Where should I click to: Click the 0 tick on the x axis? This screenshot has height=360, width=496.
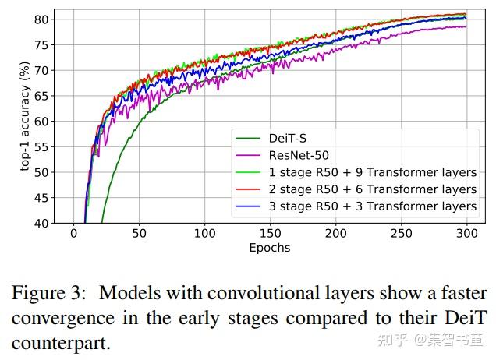pos(74,233)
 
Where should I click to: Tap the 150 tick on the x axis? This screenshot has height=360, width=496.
pos(270,233)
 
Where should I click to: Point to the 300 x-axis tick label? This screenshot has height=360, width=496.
pos(466,233)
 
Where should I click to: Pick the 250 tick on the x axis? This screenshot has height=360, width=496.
pos(401,233)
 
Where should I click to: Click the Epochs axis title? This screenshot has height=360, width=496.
pos(269,248)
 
